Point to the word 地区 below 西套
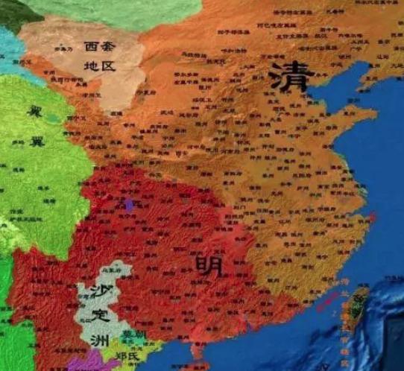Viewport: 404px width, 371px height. tap(101, 67)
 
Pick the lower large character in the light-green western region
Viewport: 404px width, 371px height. tap(34, 142)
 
